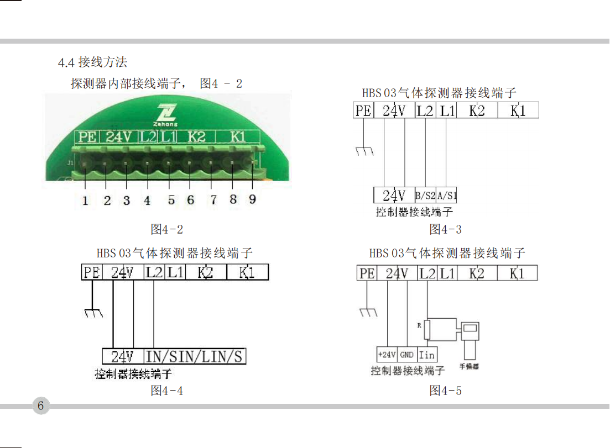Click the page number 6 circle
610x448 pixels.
41,405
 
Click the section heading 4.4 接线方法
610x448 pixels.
92,62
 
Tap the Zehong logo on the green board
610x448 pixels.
166,115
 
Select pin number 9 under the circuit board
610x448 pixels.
253,199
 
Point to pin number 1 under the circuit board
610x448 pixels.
85,201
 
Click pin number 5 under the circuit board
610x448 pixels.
171,200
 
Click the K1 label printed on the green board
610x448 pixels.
238,137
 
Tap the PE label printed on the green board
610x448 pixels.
87,137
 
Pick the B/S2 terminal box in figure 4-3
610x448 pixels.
425,195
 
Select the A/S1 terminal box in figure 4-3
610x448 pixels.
446,195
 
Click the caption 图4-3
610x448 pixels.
445,229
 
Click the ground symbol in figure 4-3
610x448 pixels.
364,151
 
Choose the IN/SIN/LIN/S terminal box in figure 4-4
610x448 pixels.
195,356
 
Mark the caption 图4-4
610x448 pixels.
166,391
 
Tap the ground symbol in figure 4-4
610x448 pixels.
93,313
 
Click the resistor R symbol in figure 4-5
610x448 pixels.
427,329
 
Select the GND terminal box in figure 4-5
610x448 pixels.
407,354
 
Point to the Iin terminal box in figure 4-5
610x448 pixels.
427,354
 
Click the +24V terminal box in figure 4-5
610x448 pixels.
387,354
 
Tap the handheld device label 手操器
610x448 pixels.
469,366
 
